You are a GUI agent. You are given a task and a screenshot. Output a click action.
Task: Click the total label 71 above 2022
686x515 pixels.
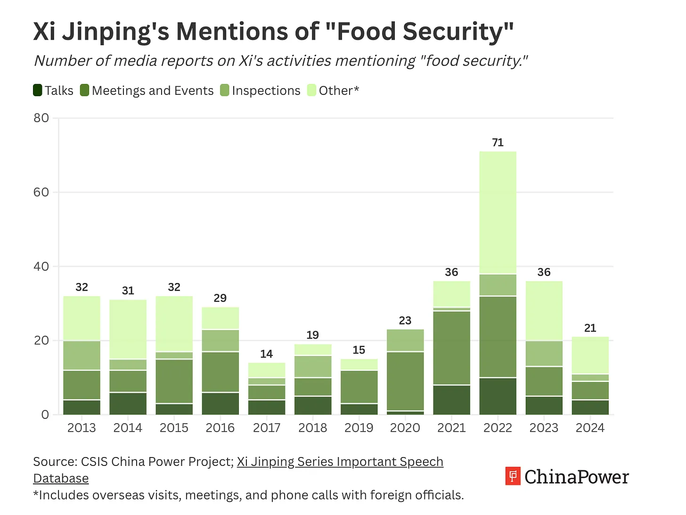coord(498,142)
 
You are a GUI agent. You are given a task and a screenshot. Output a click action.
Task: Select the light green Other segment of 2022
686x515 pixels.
coord(498,213)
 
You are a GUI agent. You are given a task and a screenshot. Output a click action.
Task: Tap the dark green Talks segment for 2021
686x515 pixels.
coord(451,400)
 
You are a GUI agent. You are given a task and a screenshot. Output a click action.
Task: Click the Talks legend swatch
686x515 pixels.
coord(38,91)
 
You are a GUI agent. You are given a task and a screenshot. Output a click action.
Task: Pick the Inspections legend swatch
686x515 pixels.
coord(224,91)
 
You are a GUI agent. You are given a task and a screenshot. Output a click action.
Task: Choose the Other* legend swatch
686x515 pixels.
coord(311,91)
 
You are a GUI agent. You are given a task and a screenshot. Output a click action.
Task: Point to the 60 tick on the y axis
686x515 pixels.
coord(41,192)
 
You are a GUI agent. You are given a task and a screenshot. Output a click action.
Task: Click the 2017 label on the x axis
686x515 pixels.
coord(267,428)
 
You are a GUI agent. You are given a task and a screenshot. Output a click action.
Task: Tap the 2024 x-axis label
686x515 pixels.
coord(590,428)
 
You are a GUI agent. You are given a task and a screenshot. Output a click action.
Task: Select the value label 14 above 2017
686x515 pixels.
coord(267,354)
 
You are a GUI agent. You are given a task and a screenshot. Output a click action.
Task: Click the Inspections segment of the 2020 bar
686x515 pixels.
coord(405,340)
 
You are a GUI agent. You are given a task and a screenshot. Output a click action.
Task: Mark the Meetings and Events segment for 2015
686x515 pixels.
coord(174,381)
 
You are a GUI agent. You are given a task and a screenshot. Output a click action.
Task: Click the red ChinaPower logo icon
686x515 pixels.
coord(513,476)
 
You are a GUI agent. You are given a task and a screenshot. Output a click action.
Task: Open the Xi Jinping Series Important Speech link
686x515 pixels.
coord(340,462)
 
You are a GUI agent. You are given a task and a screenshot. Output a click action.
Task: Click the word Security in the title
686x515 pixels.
coord(458,32)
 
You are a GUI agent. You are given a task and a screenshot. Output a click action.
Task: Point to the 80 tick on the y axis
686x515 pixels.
coord(41,118)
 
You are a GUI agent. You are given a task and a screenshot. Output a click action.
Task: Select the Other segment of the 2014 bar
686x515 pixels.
coord(128,329)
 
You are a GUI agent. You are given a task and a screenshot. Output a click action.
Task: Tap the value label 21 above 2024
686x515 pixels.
coord(590,328)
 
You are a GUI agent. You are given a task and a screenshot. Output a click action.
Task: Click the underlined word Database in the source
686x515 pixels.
coord(61,478)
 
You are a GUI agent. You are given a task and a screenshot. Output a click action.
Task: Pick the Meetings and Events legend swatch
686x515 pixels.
coord(84,91)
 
